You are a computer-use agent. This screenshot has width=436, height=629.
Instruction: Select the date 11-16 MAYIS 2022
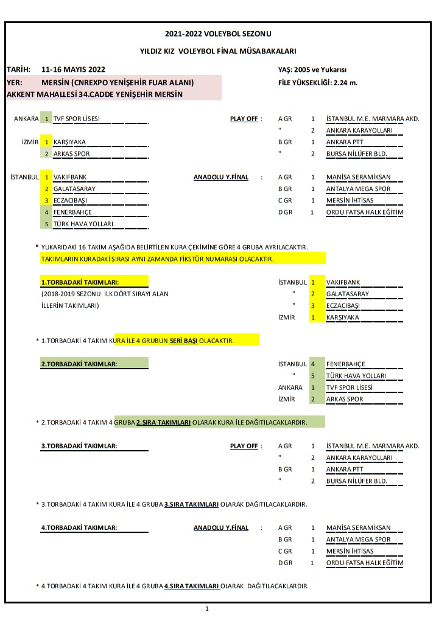click(x=73, y=69)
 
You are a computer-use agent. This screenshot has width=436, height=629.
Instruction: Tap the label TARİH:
click(x=18, y=69)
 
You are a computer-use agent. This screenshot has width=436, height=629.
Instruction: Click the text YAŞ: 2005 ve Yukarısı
click(x=312, y=69)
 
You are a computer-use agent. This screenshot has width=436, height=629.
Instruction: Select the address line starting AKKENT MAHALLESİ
click(x=94, y=94)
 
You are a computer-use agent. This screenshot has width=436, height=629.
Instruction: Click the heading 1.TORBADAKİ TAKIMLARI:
click(x=80, y=282)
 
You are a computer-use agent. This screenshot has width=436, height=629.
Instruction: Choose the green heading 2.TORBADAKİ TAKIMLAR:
click(x=79, y=364)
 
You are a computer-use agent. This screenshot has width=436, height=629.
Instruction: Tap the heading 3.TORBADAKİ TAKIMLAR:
click(x=79, y=446)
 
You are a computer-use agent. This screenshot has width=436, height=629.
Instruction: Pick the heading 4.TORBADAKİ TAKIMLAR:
click(x=79, y=527)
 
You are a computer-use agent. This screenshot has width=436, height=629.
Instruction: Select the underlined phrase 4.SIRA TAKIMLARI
click(x=192, y=586)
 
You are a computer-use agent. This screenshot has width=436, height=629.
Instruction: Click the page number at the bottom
click(x=207, y=608)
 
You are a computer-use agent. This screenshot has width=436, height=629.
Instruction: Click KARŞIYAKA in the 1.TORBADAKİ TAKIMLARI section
click(x=343, y=318)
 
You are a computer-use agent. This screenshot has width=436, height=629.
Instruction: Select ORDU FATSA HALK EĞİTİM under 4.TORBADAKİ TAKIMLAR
click(x=365, y=563)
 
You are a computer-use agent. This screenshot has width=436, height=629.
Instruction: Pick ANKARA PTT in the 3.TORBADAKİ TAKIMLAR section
click(x=344, y=470)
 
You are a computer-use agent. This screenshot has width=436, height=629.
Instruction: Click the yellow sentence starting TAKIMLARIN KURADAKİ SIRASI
click(x=157, y=259)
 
